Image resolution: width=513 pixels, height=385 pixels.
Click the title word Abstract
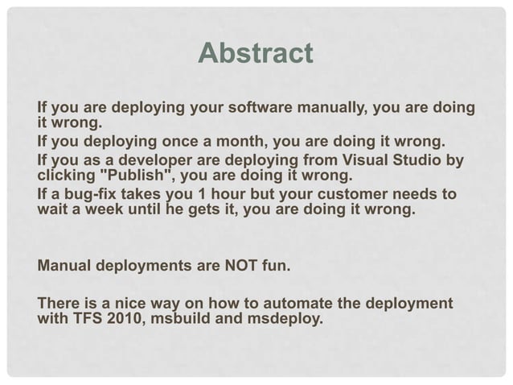pyautogui.click(x=255, y=54)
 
